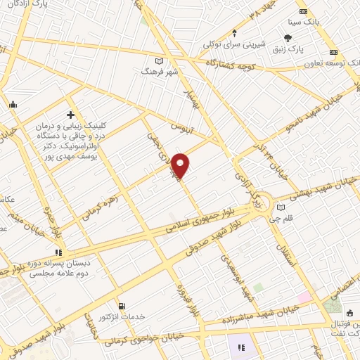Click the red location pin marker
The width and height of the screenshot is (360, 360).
coord(181,165)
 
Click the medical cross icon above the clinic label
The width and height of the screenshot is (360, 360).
coord(70,114)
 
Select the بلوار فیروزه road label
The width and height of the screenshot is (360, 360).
coord(182,300)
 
